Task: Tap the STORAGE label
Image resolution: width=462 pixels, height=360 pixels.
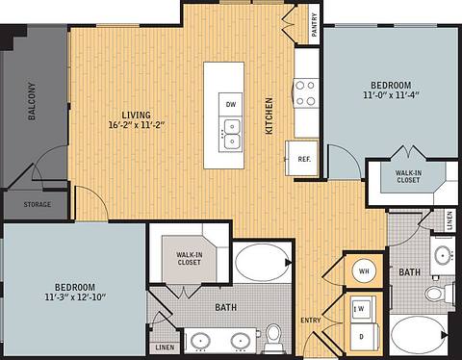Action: (38, 205)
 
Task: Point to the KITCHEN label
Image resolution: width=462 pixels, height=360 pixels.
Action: (269, 116)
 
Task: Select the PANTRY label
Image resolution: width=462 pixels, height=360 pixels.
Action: (315, 23)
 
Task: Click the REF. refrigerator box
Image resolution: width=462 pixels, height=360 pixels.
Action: (304, 159)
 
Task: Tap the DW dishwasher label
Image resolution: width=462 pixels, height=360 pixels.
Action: (231, 104)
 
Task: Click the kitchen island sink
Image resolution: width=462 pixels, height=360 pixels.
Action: (231, 134)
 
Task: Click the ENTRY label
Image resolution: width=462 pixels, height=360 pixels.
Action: (311, 321)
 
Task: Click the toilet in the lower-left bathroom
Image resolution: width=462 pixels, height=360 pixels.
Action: (273, 334)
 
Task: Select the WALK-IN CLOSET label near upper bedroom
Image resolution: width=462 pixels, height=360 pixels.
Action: (406, 175)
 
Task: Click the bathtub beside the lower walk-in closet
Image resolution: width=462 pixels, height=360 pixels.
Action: (260, 263)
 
